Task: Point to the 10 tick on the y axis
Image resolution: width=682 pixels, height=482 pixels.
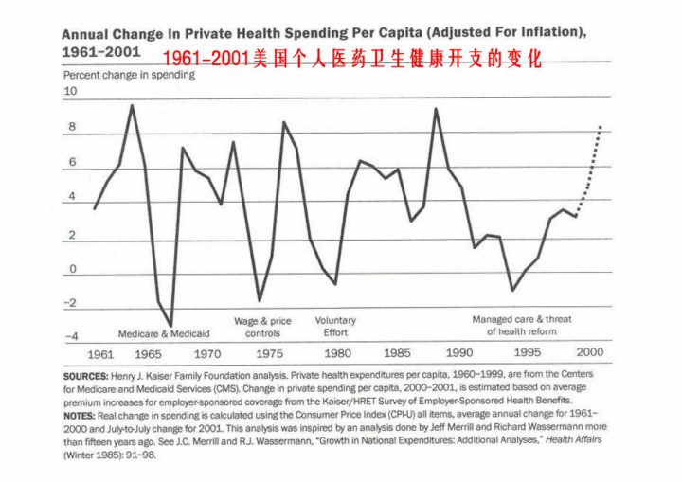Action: pyautogui.click(x=69, y=92)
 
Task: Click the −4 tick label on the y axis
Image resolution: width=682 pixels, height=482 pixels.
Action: pyautogui.click(x=71, y=336)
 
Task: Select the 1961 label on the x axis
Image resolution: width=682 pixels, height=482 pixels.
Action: pyautogui.click(x=100, y=353)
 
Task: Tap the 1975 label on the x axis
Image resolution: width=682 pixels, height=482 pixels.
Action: pyautogui.click(x=270, y=353)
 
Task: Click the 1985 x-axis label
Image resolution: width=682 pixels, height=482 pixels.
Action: pyautogui.click(x=399, y=353)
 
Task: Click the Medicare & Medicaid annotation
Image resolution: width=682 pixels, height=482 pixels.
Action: pyautogui.click(x=164, y=334)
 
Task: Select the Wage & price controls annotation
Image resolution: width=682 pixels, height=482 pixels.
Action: pyautogui.click(x=262, y=327)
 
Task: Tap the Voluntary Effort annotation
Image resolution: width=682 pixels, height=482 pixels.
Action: pyautogui.click(x=335, y=327)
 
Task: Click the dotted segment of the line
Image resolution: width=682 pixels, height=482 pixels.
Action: pyautogui.click(x=593, y=161)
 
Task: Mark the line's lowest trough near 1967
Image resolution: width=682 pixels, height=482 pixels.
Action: pyautogui.click(x=171, y=326)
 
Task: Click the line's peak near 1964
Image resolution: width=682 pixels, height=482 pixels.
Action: pyautogui.click(x=132, y=105)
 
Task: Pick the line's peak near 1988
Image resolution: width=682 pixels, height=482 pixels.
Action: pyautogui.click(x=436, y=109)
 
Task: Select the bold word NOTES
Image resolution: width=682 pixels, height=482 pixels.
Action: pyautogui.click(x=83, y=416)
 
